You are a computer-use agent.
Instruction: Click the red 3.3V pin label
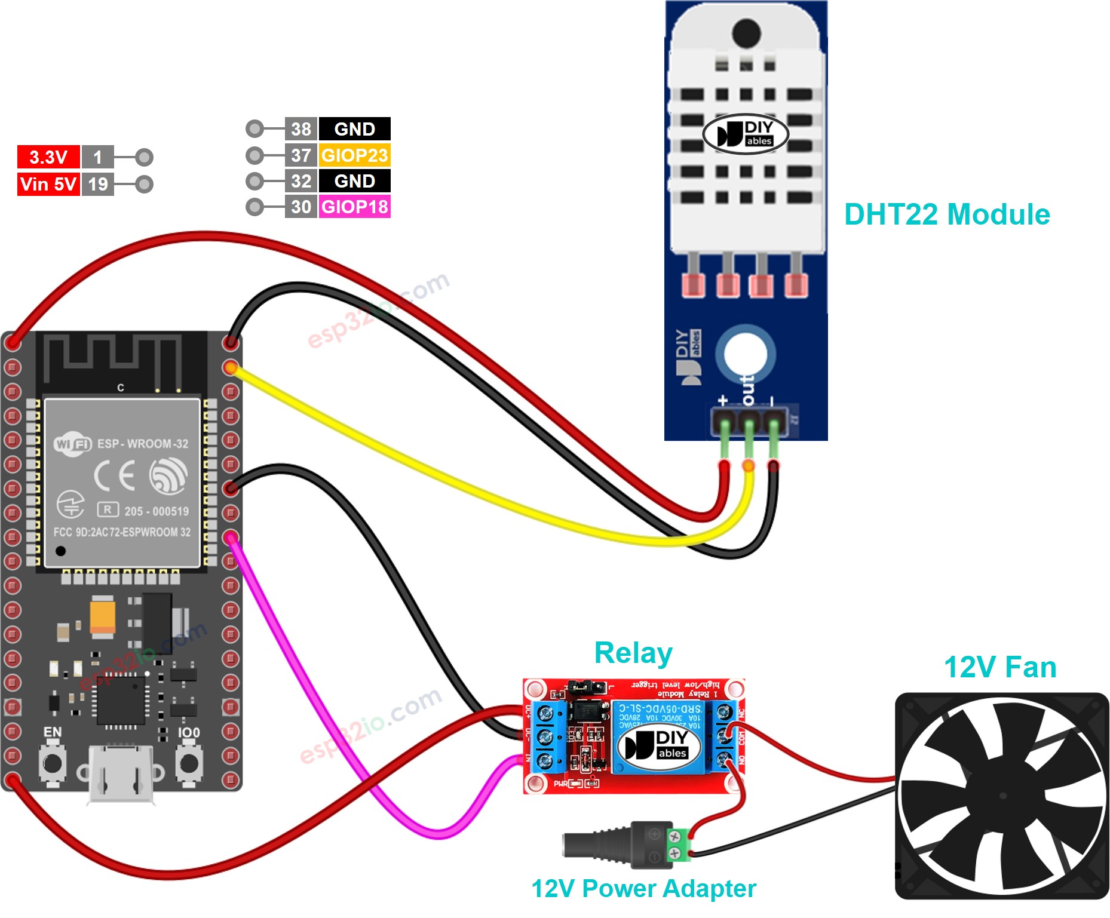(48, 157)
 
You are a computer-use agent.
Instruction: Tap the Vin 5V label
(48, 184)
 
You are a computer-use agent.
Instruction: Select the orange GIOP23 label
(354, 155)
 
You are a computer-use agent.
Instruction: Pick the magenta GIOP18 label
(354, 207)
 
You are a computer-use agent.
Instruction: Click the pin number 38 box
(301, 129)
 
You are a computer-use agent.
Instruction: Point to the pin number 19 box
(97, 184)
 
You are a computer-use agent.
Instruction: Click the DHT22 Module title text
(947, 214)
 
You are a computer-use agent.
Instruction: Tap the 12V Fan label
(1000, 667)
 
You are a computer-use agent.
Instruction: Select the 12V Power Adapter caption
(643, 889)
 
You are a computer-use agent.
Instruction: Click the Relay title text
(633, 653)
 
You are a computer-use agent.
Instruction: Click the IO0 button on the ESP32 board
(189, 763)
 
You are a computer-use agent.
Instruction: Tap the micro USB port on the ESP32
(121, 773)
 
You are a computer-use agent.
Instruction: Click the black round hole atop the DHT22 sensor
(746, 32)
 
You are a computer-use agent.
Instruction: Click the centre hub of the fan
(1002, 796)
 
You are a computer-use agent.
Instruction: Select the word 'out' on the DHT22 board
(747, 389)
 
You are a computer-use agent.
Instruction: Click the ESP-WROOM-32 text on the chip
(142, 444)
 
